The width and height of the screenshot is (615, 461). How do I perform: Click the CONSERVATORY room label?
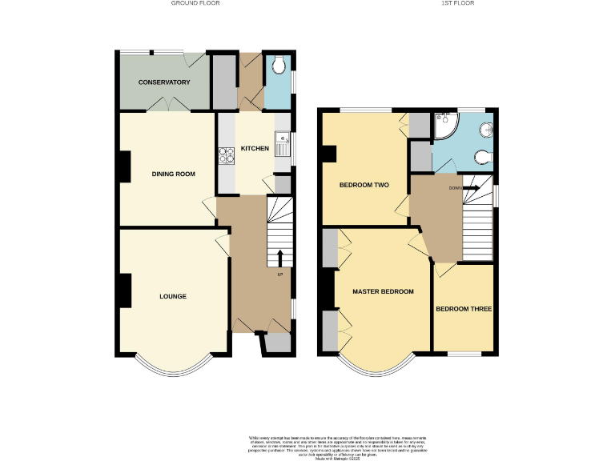(163, 82)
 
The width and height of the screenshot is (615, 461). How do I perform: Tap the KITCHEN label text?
(255, 149)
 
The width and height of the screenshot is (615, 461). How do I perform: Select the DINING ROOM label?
(174, 174)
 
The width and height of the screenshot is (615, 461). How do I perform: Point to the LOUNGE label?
(173, 296)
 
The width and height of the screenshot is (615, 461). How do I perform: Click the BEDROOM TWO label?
(364, 185)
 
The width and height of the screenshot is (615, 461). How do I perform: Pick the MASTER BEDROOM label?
(384, 291)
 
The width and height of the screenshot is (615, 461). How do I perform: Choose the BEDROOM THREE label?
(464, 309)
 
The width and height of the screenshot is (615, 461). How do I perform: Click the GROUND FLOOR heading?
(195, 3)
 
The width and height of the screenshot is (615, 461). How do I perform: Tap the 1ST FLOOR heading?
(458, 3)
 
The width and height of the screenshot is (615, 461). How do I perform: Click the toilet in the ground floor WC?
(278, 66)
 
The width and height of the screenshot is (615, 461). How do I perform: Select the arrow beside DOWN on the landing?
(472, 188)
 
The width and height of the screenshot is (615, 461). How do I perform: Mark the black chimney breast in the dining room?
(125, 166)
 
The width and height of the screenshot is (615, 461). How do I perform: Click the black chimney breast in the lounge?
(125, 291)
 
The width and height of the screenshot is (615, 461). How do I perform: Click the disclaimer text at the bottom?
(307, 447)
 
